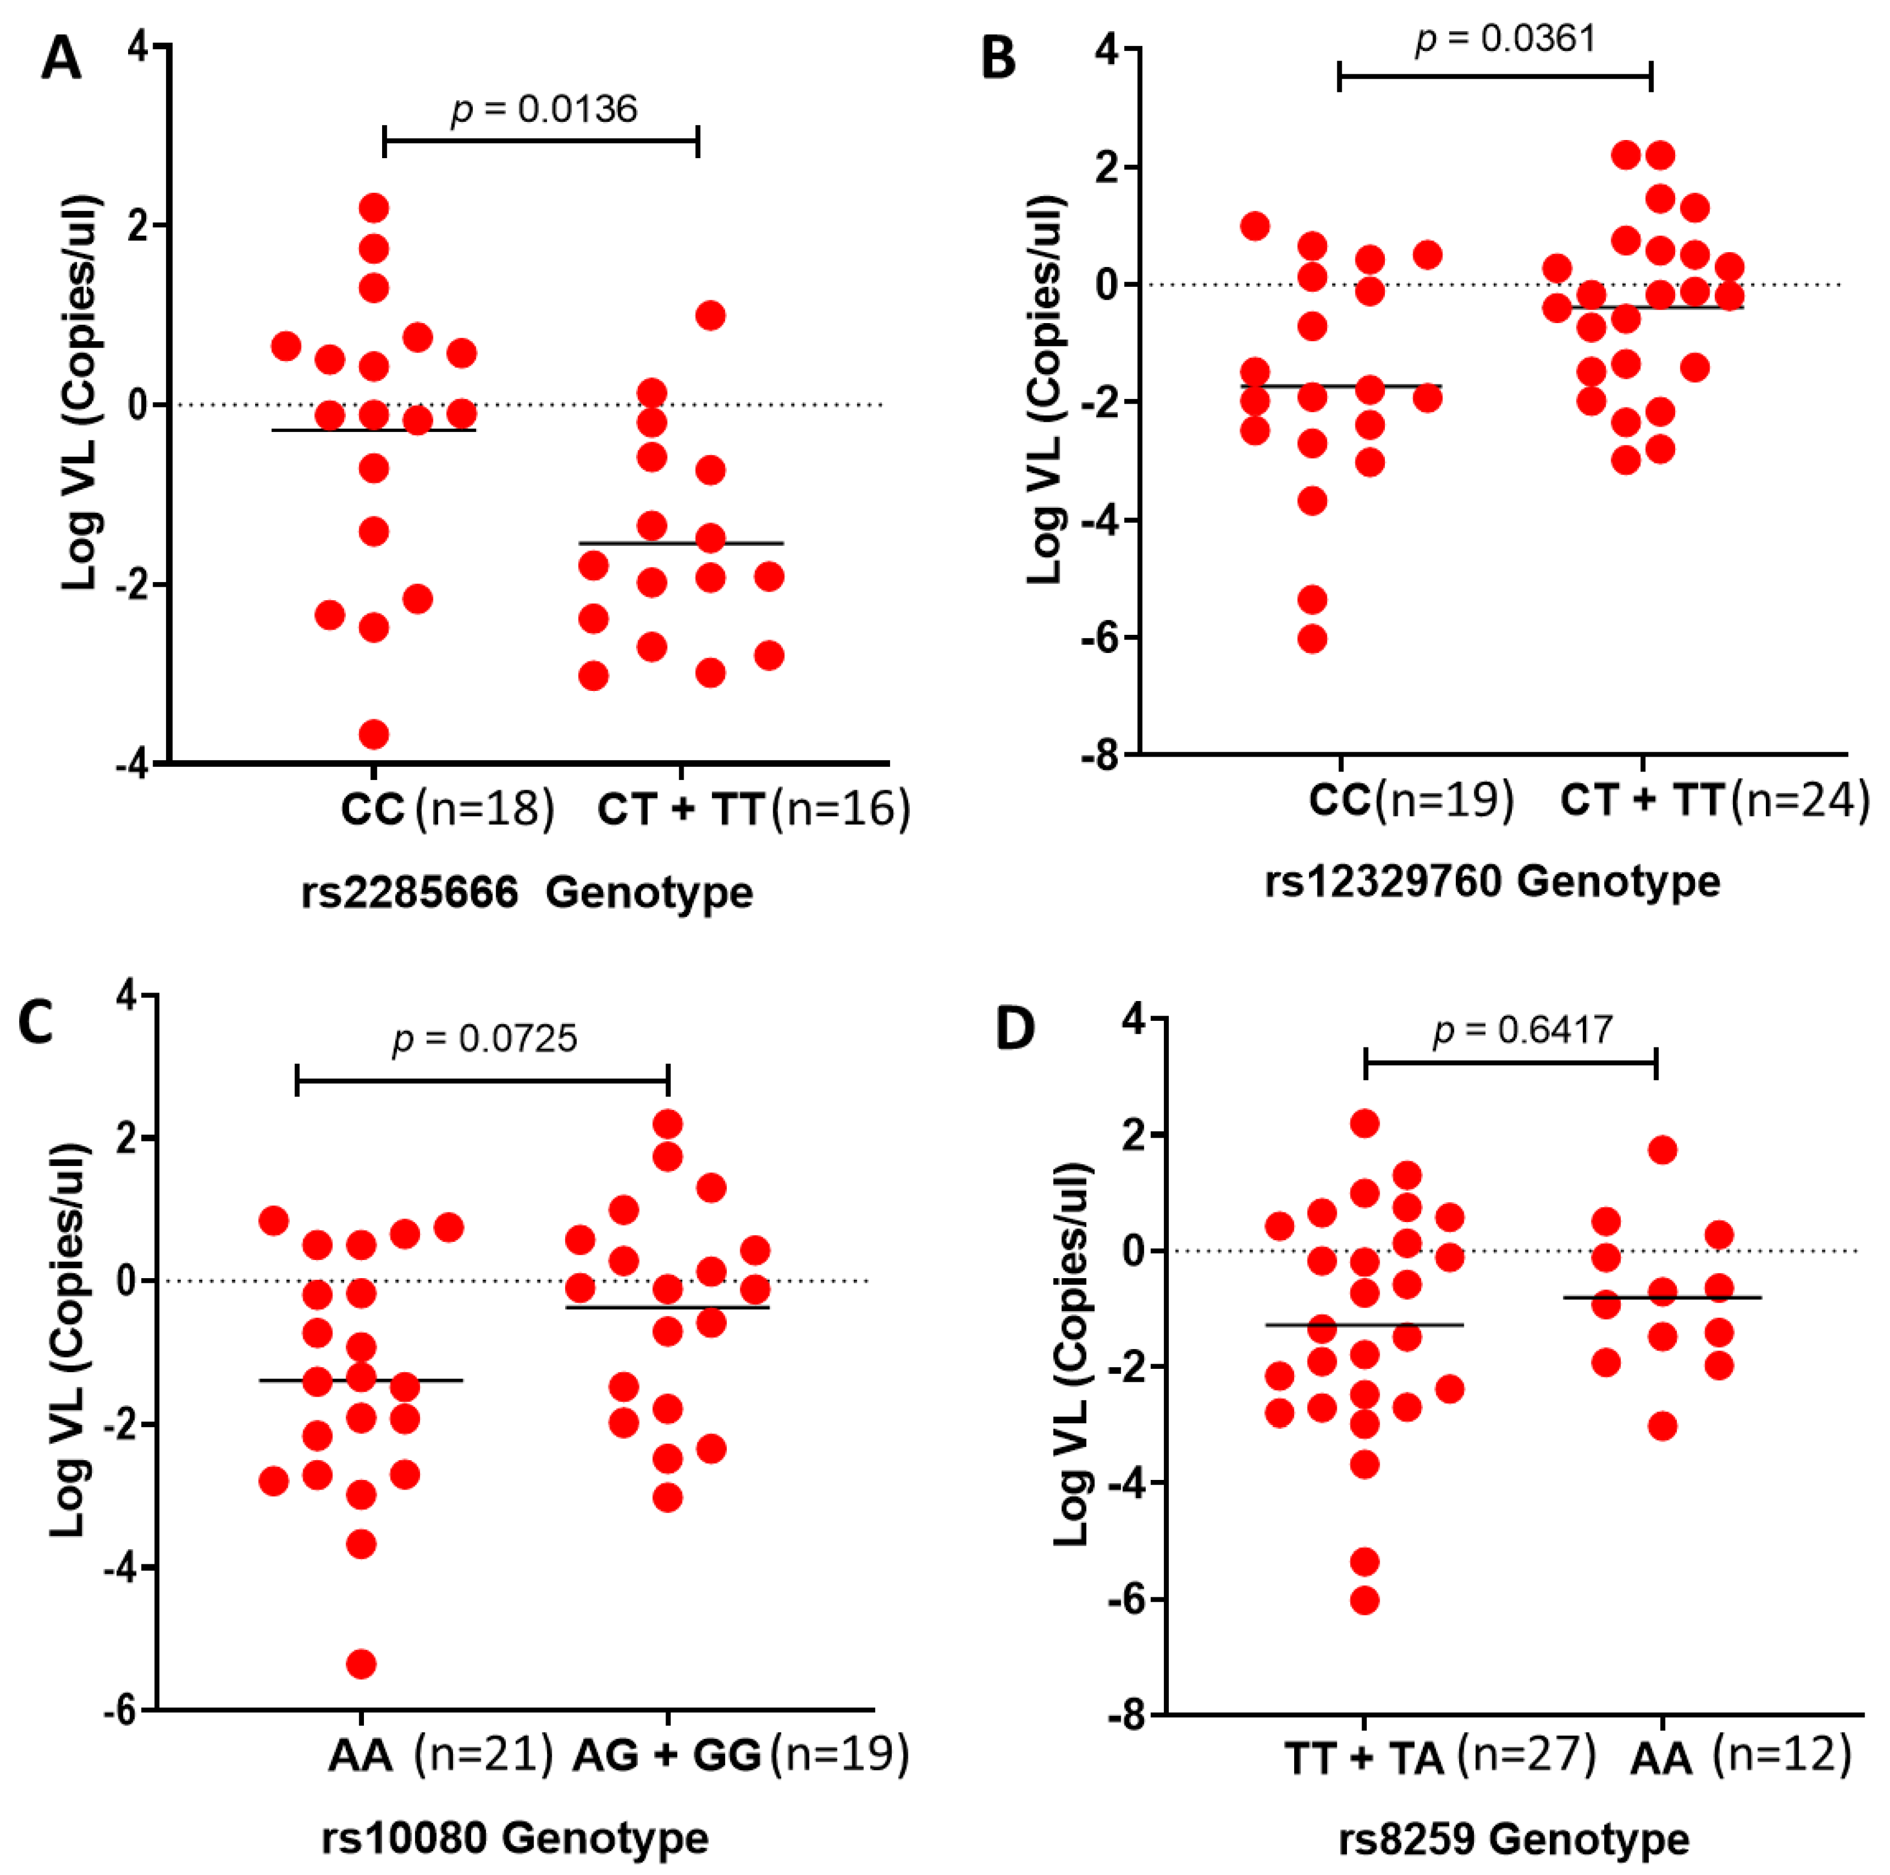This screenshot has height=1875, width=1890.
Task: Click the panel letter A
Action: (x=61, y=59)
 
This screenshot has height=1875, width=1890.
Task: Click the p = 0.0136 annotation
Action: (x=544, y=109)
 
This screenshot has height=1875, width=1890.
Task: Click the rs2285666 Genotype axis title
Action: (x=526, y=892)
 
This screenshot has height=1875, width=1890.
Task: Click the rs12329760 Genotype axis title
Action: (x=1492, y=881)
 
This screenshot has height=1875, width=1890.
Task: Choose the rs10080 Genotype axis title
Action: (x=515, y=1838)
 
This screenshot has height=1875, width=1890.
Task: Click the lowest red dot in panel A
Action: (x=374, y=733)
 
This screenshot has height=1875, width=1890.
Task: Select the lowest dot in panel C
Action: (x=361, y=1664)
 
